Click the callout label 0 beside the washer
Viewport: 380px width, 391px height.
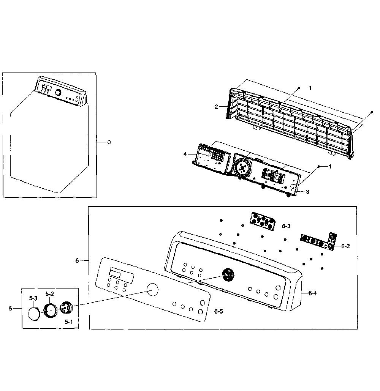click(x=109, y=142)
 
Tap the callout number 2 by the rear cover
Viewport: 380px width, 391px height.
click(x=216, y=107)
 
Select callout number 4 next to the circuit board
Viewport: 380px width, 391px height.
click(x=185, y=154)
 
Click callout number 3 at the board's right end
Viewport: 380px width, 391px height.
click(x=307, y=192)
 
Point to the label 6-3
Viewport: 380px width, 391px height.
click(x=286, y=226)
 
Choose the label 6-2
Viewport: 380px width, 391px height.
click(x=345, y=246)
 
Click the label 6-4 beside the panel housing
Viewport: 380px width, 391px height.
click(x=312, y=293)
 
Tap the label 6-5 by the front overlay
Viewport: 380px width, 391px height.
click(x=218, y=311)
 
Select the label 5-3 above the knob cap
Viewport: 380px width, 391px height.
click(x=33, y=298)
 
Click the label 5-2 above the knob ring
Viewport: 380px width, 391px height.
click(x=50, y=294)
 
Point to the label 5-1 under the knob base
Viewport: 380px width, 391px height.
click(x=69, y=322)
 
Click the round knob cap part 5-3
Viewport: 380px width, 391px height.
click(x=34, y=314)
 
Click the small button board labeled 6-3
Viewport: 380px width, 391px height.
click(x=263, y=221)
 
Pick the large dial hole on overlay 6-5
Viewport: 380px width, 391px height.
click(x=152, y=290)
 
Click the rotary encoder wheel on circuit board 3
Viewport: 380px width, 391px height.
click(x=242, y=168)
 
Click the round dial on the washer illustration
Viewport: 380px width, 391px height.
click(x=58, y=93)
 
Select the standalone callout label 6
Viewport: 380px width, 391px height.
click(x=77, y=260)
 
